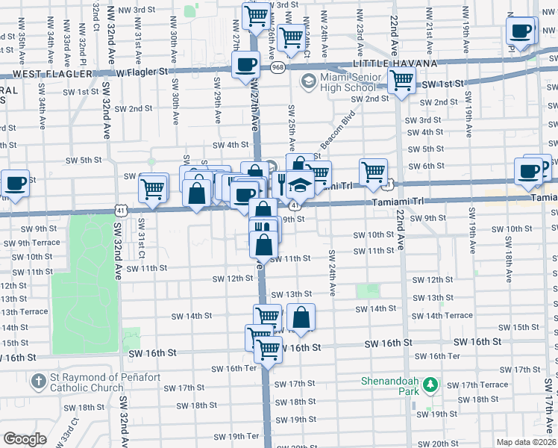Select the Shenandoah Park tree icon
(430, 386)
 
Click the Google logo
(25, 439)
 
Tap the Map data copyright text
(527, 442)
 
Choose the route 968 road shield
(278, 68)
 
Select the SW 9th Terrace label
(30, 243)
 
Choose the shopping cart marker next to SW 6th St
(373, 171)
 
